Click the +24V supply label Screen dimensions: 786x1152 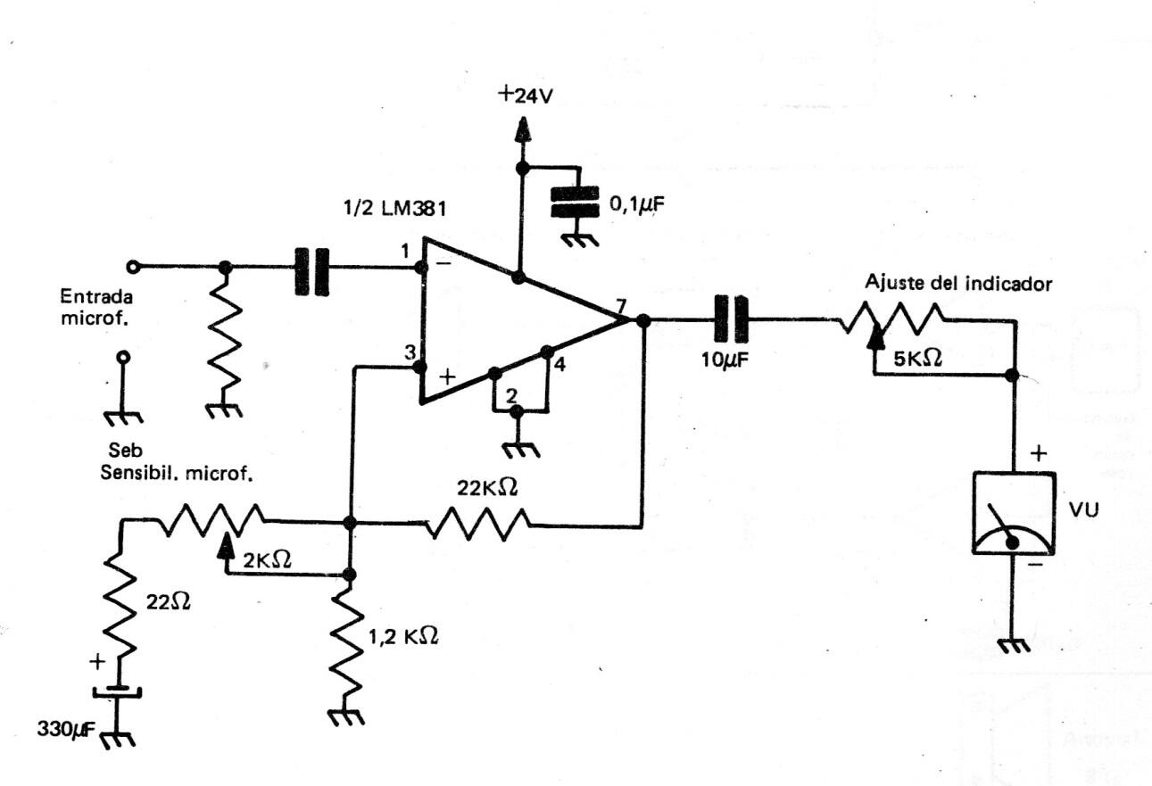click(527, 95)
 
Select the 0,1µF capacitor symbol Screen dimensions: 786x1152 click(572, 203)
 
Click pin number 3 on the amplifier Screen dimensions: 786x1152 click(409, 353)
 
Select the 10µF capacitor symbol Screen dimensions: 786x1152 click(732, 319)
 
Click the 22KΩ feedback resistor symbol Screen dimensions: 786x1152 click(478, 524)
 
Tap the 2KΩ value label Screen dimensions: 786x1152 click(269, 560)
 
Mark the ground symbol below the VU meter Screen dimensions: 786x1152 click(1011, 644)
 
